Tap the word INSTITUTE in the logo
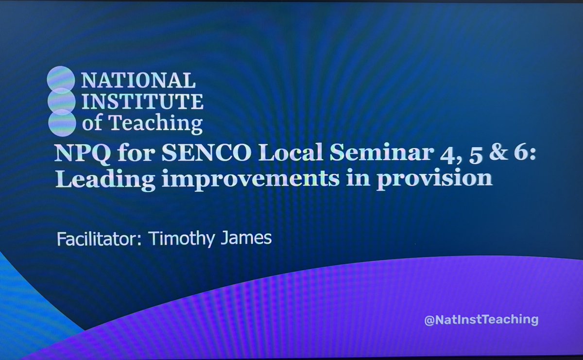(143, 102)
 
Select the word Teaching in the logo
(155, 123)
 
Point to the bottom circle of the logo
(61, 122)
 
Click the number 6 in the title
(488, 155)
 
